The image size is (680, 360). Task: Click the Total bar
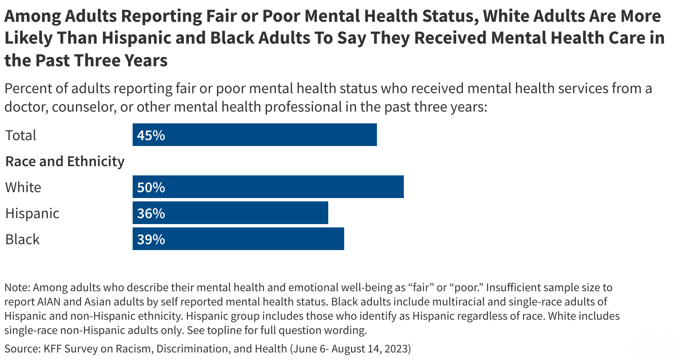click(254, 135)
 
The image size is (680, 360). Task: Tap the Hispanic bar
click(230, 213)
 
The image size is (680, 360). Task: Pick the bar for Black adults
click(238, 239)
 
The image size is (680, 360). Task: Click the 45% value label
click(151, 135)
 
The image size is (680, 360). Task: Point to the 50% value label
click(151, 187)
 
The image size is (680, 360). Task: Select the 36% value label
click(151, 213)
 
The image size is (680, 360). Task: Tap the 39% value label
click(151, 239)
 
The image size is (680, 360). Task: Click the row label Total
click(21, 135)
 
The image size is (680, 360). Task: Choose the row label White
click(23, 187)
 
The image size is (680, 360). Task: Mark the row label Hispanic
click(32, 213)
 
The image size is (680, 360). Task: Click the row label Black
click(22, 239)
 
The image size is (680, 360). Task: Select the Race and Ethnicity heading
click(65, 161)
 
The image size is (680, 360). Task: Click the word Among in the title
click(32, 16)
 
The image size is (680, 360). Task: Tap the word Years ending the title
click(145, 60)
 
